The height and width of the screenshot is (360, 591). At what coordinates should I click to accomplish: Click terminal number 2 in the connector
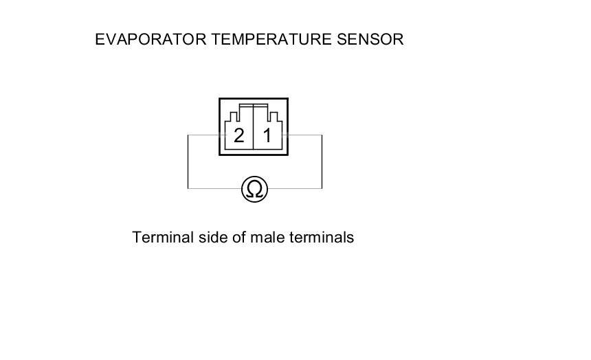[x=238, y=135]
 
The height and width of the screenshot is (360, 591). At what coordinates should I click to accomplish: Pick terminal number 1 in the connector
[x=267, y=135]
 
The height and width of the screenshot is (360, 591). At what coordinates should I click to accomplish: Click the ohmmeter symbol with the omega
[x=254, y=188]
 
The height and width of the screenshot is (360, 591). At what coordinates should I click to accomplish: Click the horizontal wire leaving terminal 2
[x=203, y=135]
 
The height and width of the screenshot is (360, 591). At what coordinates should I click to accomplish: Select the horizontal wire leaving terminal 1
[x=305, y=135]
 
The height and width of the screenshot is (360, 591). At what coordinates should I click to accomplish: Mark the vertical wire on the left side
[x=188, y=161]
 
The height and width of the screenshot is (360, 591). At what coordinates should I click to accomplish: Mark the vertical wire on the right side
[x=322, y=161]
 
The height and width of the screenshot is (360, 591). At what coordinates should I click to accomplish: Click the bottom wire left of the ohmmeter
[x=214, y=188]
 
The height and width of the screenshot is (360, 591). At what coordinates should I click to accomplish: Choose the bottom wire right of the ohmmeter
[x=295, y=188]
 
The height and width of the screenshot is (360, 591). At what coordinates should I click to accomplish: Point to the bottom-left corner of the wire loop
[x=188, y=188]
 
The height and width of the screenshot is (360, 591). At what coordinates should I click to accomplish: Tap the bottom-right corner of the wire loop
[x=322, y=188]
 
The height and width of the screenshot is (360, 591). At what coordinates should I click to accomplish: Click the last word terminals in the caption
[x=322, y=238]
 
